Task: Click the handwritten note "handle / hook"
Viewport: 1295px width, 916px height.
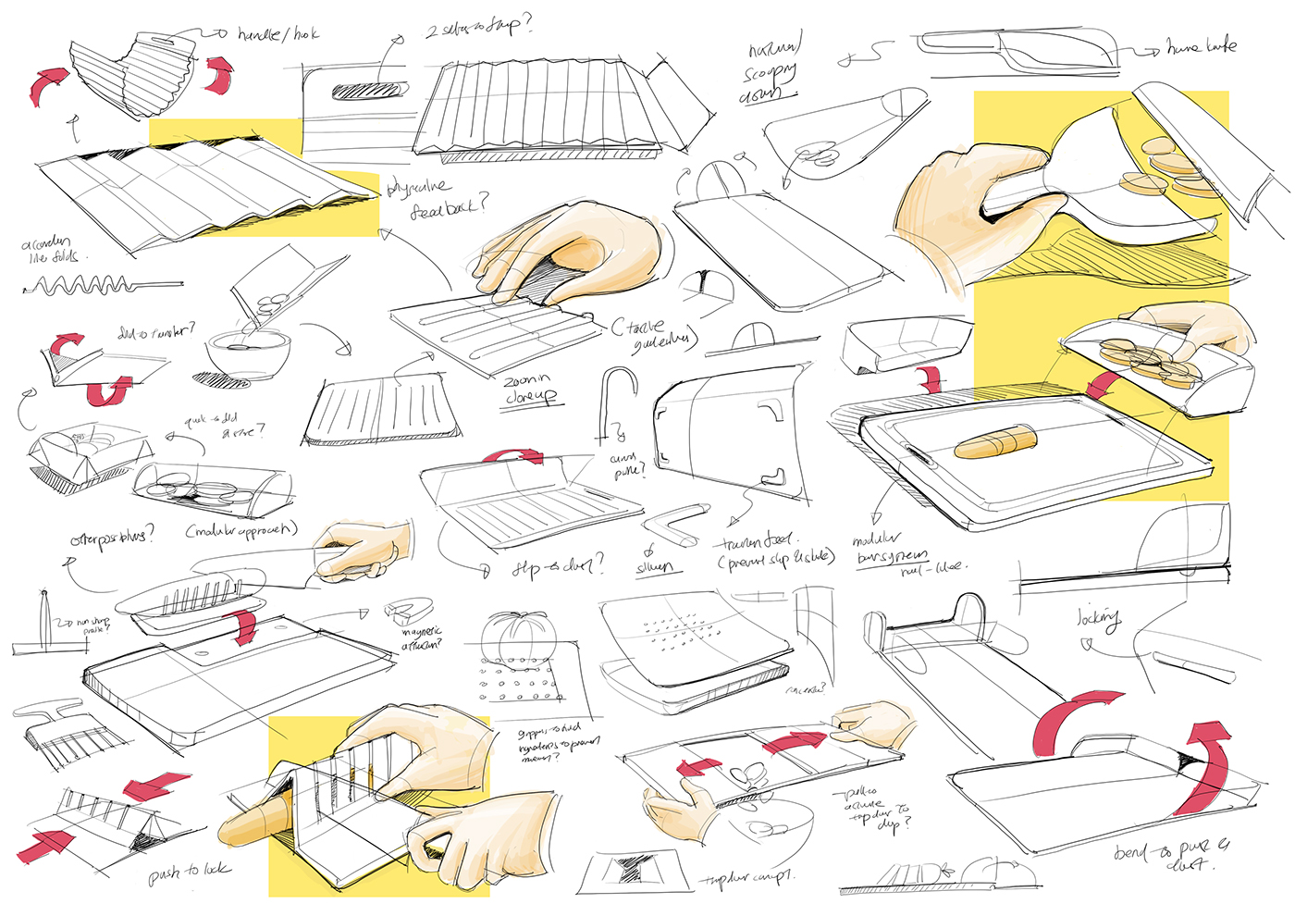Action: click(277, 34)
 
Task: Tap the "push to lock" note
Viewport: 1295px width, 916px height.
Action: click(190, 872)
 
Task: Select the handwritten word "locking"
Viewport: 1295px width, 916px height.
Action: click(1098, 618)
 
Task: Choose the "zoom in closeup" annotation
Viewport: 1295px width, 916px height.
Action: click(530, 389)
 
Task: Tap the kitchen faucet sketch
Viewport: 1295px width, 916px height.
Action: click(618, 402)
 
